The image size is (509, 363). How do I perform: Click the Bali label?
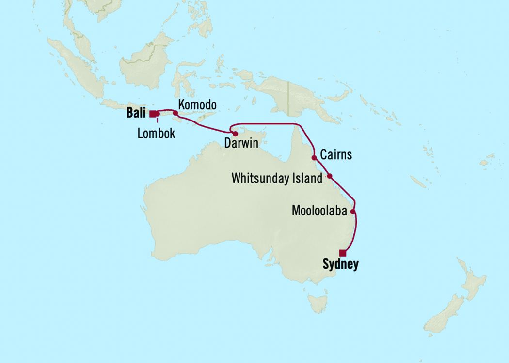136,114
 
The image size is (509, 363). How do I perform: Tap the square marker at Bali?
153,114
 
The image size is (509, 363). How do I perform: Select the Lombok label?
156,134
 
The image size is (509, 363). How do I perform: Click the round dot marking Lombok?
158,114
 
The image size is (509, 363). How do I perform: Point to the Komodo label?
197,105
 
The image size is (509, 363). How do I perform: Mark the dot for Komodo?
176,113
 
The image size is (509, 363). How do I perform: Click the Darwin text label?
241,144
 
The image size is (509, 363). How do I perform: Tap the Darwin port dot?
235,134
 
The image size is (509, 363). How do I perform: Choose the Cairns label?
336,155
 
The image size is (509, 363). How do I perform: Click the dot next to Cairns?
314,158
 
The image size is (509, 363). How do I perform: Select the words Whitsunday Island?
277,179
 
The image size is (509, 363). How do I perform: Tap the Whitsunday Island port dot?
330,176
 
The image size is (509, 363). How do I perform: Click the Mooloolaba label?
319,211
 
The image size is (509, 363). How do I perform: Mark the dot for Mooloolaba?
353,212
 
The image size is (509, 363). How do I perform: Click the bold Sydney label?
340,265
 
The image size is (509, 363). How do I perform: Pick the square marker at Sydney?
343,252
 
